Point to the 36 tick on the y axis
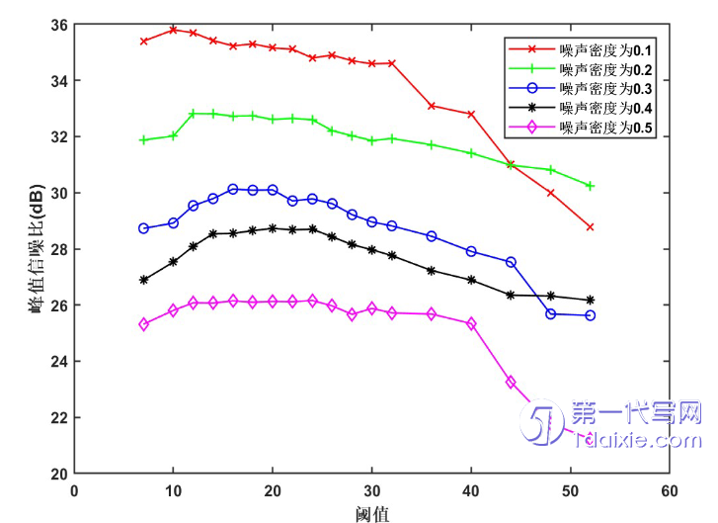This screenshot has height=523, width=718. pos(57,24)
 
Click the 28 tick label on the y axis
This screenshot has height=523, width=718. pos(57,248)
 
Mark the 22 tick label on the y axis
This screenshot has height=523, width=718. pos(57,417)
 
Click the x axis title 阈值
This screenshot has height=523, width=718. pos(372,512)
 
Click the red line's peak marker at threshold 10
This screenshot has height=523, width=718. pos(173,30)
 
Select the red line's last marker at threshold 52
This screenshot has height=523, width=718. pos(591,226)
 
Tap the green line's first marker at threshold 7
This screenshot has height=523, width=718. pos(144,140)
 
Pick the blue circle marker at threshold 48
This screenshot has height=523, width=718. pos(551,314)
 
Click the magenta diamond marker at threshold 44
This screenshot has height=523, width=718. pos(511,382)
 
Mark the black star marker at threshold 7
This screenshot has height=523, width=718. pos(144,280)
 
